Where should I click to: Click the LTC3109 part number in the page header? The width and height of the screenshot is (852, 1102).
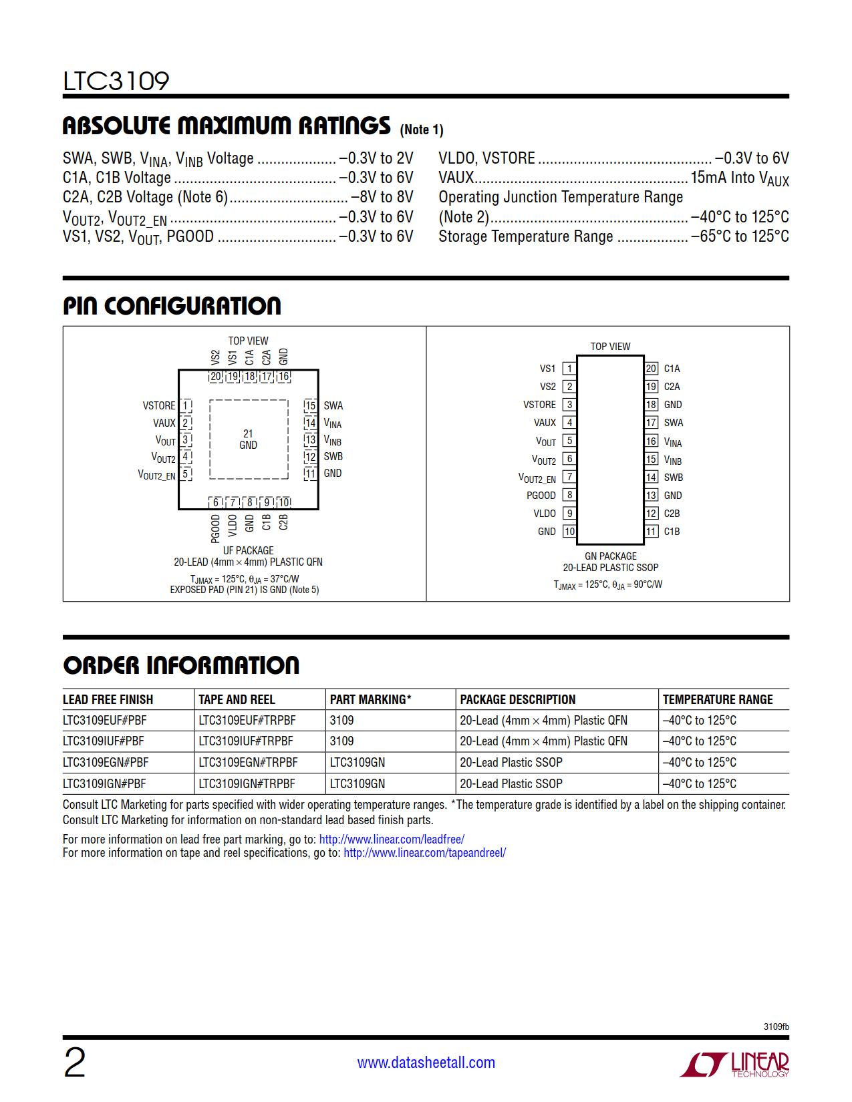[116, 81]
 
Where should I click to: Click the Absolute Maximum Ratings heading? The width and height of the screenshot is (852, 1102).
[227, 126]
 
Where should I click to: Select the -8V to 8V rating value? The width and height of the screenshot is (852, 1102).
[382, 197]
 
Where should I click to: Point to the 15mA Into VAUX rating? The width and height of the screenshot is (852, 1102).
[739, 178]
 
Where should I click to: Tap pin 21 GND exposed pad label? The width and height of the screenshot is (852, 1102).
[248, 439]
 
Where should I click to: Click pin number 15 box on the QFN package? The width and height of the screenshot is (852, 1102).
[310, 405]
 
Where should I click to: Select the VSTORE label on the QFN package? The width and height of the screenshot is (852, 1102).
[159, 405]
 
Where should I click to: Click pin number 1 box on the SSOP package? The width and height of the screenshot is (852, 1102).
[569, 369]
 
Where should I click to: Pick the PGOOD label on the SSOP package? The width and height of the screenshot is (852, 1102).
[541, 495]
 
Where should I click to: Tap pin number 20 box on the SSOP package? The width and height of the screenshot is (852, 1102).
[651, 369]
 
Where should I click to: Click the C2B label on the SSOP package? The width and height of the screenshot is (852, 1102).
[672, 514]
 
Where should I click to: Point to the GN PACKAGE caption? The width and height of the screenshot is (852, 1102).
[611, 556]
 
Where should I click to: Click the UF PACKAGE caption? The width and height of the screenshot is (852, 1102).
[248, 550]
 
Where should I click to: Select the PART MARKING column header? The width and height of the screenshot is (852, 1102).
[370, 699]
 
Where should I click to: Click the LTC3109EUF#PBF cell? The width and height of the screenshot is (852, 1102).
[105, 720]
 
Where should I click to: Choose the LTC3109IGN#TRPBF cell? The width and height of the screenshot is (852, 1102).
[247, 783]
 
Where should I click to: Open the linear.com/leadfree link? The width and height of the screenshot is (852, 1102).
[392, 839]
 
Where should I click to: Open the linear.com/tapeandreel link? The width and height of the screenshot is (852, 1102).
[424, 853]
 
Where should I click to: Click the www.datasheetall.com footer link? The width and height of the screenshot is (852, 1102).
[426, 1063]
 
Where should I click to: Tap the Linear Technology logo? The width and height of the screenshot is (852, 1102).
[734, 1064]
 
